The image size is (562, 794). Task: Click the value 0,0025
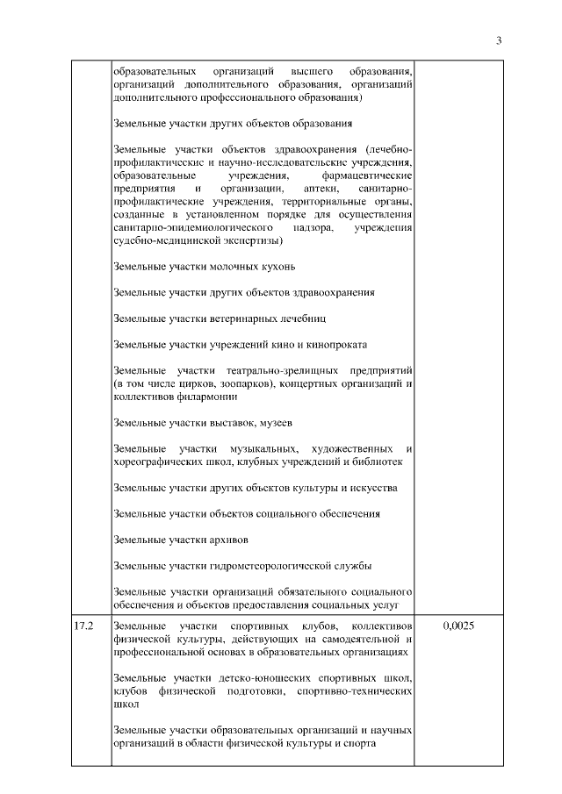[458, 626]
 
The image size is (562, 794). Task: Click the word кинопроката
[334, 344]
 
